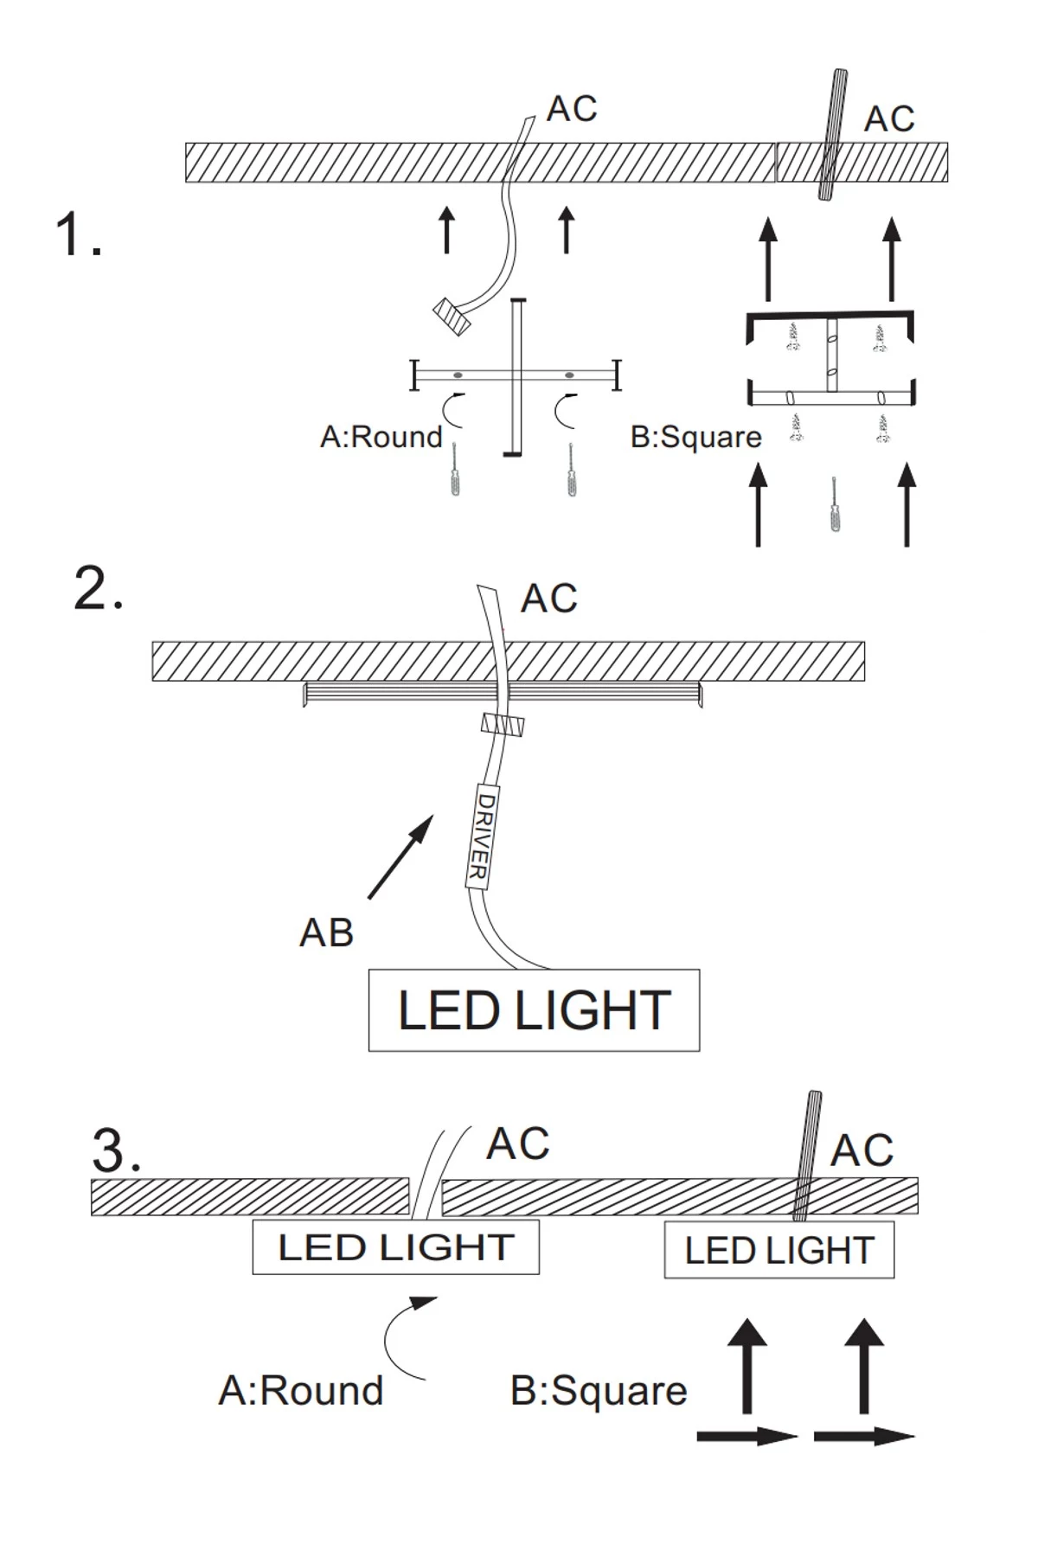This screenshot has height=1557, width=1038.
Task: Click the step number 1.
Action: point(78,235)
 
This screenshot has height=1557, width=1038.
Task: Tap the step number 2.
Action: point(98,591)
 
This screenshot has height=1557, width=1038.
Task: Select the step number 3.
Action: point(116,1150)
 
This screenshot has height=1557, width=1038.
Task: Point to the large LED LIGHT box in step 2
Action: point(534,1009)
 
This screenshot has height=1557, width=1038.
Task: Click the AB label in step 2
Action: point(326,933)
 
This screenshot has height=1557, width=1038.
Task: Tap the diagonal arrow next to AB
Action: point(400,856)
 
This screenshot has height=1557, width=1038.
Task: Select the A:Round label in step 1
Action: point(381,437)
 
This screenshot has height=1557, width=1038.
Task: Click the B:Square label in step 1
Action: point(695,438)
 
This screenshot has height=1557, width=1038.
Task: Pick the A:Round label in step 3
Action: point(300,1391)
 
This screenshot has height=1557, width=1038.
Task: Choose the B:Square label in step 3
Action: point(599,1391)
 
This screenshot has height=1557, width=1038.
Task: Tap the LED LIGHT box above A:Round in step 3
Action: point(395,1247)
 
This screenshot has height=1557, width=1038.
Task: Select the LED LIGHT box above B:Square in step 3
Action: point(778,1251)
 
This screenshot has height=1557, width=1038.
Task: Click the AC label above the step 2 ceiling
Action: point(548,599)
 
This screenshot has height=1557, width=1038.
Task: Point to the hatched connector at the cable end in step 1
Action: point(452,317)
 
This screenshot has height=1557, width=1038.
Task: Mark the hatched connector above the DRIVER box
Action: point(503,725)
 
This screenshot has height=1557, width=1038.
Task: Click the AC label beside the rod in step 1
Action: point(889,119)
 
